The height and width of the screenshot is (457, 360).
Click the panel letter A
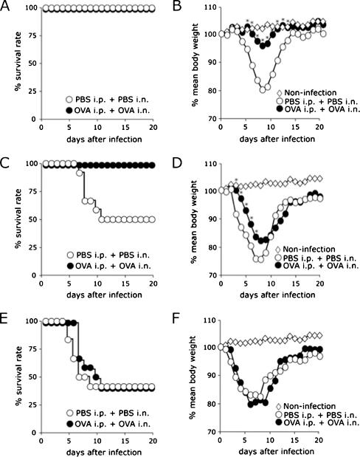click(7, 7)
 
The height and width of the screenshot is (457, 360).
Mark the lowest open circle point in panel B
click(263, 90)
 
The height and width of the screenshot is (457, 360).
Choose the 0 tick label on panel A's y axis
click(29, 118)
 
